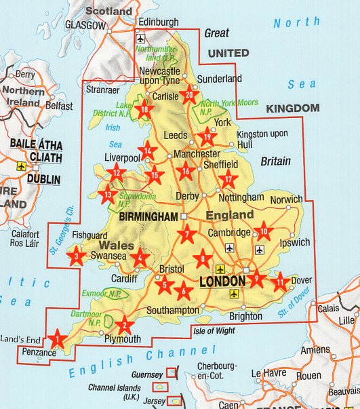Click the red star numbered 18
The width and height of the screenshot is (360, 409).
click(x=145, y=109)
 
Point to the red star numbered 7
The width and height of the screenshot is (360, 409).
click(x=188, y=235)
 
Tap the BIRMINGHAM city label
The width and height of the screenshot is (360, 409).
click(x=148, y=218)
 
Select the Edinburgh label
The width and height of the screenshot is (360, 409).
click(x=158, y=22)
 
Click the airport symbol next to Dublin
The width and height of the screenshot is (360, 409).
click(x=20, y=166)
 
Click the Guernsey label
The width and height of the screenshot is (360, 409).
click(x=147, y=374)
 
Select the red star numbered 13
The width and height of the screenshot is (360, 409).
click(x=107, y=195)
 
